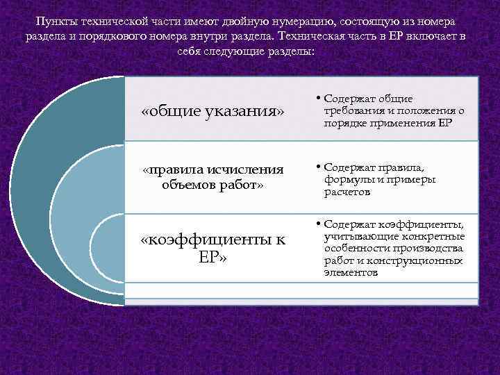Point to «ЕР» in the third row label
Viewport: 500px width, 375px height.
pyautogui.click(x=212, y=258)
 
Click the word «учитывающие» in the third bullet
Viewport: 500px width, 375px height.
pyautogui.click(x=355, y=236)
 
